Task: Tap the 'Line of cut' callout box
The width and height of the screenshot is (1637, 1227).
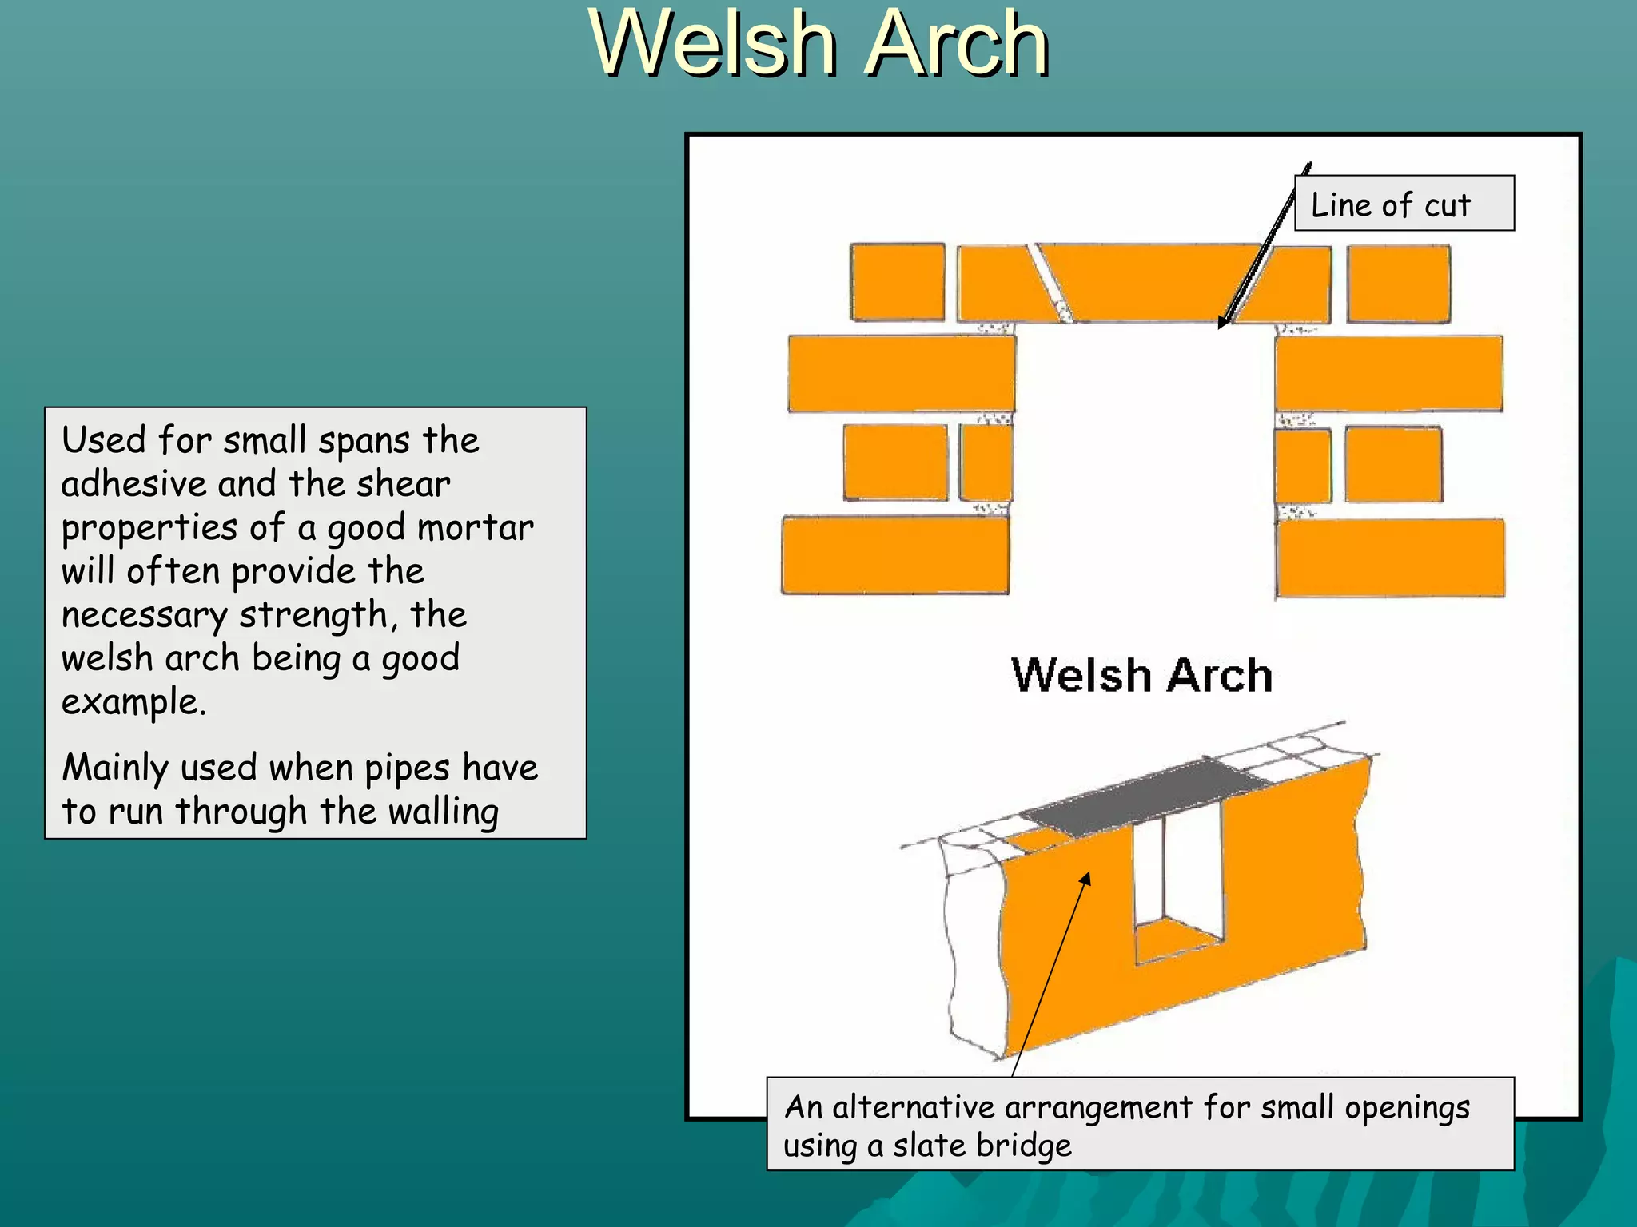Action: pos(1404,204)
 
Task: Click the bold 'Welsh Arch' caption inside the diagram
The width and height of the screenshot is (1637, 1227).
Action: pos(1141,676)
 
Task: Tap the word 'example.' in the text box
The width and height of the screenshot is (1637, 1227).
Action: pos(133,703)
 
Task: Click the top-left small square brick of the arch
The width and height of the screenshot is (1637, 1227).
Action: pos(898,283)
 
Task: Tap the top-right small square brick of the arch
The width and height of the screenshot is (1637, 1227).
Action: pos(1398,284)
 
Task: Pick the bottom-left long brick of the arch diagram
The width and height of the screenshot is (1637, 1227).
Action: pos(894,555)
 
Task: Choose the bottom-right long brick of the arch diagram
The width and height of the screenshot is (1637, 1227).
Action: pos(1390,558)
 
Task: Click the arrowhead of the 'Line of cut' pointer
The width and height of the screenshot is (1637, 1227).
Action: pos(1221,323)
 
